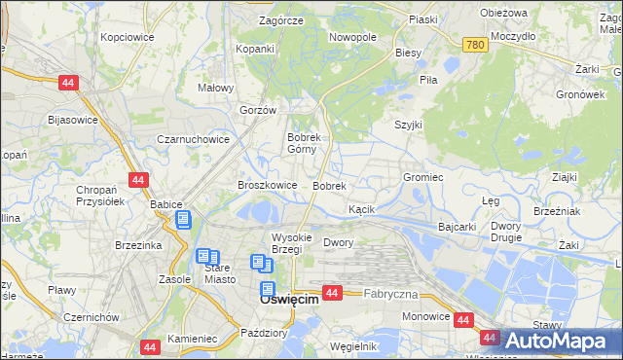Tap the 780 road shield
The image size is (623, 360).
pyautogui.click(x=475, y=45)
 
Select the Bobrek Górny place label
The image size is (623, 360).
pyautogui.click(x=311, y=144)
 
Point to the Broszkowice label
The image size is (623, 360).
pyautogui.click(x=267, y=185)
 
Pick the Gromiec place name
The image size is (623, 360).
pyautogui.click(x=423, y=178)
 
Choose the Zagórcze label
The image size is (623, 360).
pyautogui.click(x=281, y=20)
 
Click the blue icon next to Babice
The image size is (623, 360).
pyautogui.click(x=182, y=220)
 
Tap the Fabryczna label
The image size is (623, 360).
pyautogui.click(x=390, y=294)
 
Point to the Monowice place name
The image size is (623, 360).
pyautogui.click(x=426, y=316)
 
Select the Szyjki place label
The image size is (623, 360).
pyautogui.click(x=408, y=125)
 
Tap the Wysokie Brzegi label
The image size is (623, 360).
pyautogui.click(x=291, y=243)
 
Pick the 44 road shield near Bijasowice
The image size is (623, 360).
pyautogui.click(x=67, y=85)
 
